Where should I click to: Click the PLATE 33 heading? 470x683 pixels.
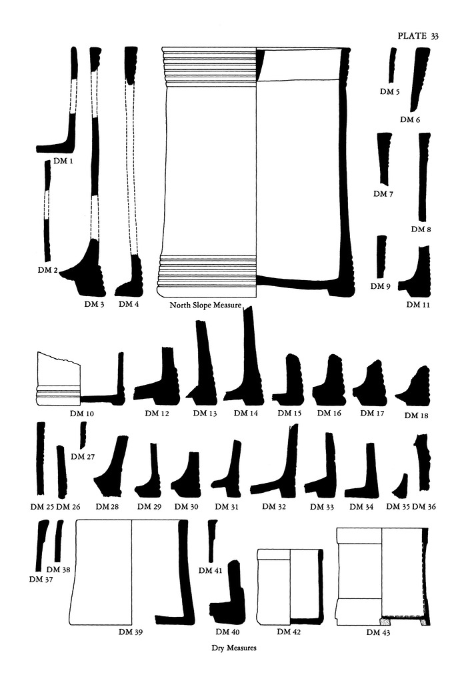click(418, 36)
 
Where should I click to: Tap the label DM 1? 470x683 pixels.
click(63, 161)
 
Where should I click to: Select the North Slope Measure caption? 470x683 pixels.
click(205, 305)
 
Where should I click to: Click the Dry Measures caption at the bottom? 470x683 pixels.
click(234, 648)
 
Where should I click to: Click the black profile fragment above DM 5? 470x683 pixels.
click(393, 65)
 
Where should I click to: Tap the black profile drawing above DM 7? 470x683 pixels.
click(384, 159)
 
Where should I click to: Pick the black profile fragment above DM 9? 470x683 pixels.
click(381, 257)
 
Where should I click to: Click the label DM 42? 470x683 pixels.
click(289, 632)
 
